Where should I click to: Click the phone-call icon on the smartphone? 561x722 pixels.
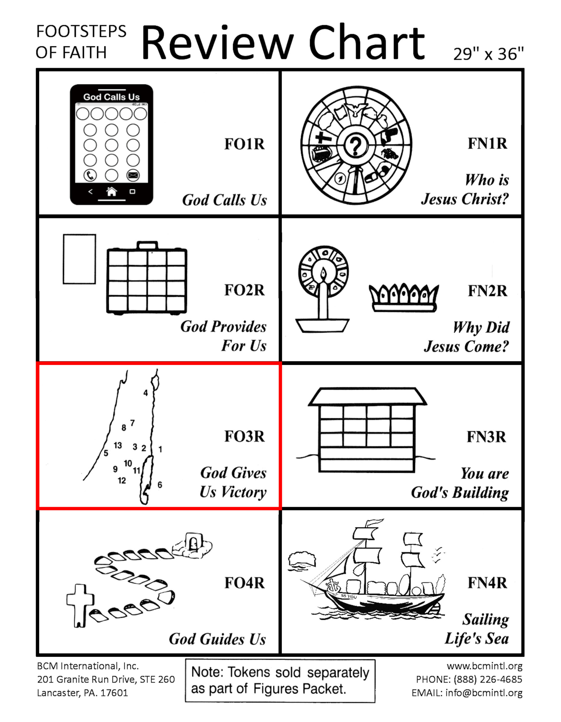coord(90,175)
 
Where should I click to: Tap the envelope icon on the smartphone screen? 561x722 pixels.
coord(133,175)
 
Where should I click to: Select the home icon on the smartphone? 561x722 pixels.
coord(112,191)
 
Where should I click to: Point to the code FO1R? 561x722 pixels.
coord(244,144)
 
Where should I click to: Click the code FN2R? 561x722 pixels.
coord(487,291)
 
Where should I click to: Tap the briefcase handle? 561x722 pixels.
coord(147,245)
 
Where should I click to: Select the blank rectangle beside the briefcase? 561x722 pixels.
coord(79,259)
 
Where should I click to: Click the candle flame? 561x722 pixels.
coord(323,273)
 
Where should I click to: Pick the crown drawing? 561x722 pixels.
coord(404,298)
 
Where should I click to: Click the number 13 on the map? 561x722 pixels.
coord(118,445)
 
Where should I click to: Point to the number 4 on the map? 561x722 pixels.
coord(145,393)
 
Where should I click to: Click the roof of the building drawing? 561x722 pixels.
coord(367,397)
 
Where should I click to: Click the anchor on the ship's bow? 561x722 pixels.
coord(332,586)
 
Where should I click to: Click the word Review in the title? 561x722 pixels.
coord(217,43)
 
